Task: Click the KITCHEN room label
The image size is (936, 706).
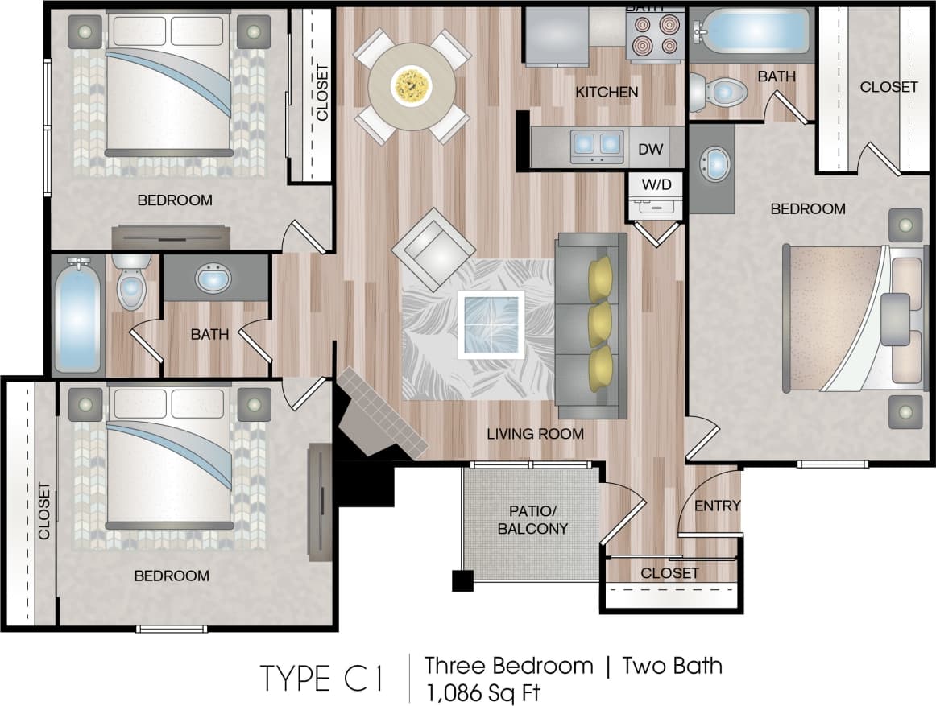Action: (x=607, y=92)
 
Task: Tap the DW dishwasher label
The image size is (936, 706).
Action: (x=651, y=149)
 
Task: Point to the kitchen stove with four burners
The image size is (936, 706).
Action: (x=653, y=35)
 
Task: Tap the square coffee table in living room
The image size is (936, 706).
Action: (x=491, y=324)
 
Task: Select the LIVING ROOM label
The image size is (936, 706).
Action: (x=535, y=434)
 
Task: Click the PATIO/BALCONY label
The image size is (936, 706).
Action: (x=532, y=520)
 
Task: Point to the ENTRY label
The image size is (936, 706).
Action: (x=717, y=506)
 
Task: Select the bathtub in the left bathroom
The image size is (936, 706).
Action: (x=77, y=316)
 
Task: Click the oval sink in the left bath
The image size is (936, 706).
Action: (x=213, y=279)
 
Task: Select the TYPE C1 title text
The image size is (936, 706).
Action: (x=321, y=679)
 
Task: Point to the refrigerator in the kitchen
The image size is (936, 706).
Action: (x=557, y=36)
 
